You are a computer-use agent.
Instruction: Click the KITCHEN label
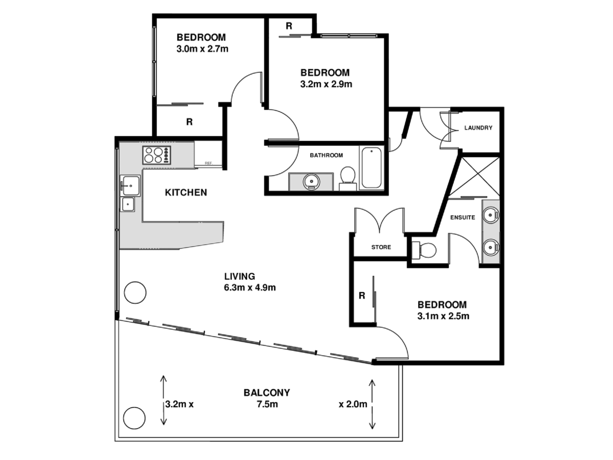186,192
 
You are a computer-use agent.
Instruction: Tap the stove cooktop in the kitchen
157,155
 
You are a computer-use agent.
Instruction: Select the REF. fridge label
208,163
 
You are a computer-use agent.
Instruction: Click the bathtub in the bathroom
371,168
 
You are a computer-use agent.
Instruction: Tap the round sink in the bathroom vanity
310,182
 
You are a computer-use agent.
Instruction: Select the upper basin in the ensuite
491,215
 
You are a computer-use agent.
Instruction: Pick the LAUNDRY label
478,128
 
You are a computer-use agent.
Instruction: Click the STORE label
381,247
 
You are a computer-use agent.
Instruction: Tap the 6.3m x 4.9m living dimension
250,287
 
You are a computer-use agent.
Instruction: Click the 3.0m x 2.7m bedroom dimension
202,49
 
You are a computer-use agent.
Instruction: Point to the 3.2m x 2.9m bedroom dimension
326,84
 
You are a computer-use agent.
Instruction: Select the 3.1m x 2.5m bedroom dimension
443,316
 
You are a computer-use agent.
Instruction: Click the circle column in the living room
135,292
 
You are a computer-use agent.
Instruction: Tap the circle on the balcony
134,418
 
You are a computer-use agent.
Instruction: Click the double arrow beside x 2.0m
372,404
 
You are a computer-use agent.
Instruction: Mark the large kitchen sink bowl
130,185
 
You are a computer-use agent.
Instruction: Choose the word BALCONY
267,393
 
